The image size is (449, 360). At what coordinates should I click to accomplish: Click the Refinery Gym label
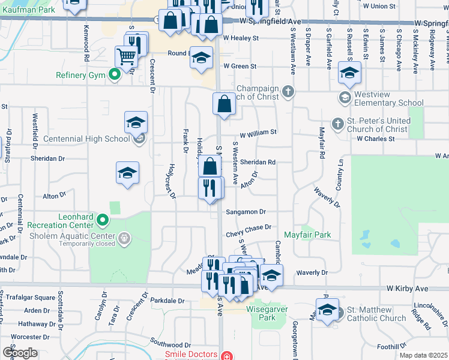click(x=81, y=76)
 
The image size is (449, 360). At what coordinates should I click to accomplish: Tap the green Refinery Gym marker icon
click(x=113, y=75)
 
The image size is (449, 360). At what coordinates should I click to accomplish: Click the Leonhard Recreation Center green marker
click(x=103, y=221)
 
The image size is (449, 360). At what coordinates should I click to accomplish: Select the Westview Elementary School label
click(x=390, y=98)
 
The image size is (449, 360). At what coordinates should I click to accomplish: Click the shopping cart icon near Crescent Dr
click(x=127, y=58)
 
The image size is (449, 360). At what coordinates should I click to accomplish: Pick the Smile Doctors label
click(x=190, y=355)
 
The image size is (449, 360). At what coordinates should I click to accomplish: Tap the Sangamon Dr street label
click(x=246, y=212)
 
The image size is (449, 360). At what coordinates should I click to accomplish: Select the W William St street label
click(x=258, y=132)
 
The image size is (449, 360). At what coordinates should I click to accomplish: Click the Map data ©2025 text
click(x=424, y=355)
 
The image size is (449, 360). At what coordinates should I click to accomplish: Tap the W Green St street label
click(x=240, y=66)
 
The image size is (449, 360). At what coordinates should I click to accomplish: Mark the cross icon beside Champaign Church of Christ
click(x=289, y=91)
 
